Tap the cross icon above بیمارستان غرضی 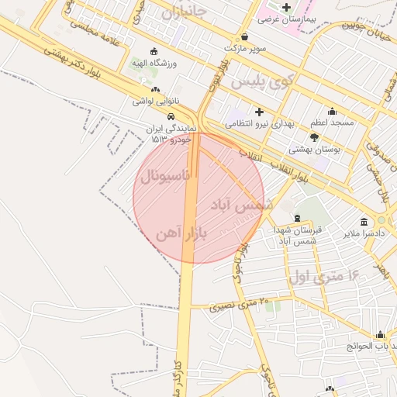[286, 7]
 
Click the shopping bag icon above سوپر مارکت [244, 36]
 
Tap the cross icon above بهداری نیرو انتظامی [259, 112]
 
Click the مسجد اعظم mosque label [333, 123]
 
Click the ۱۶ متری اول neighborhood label [324, 275]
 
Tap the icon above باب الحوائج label [380, 335]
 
